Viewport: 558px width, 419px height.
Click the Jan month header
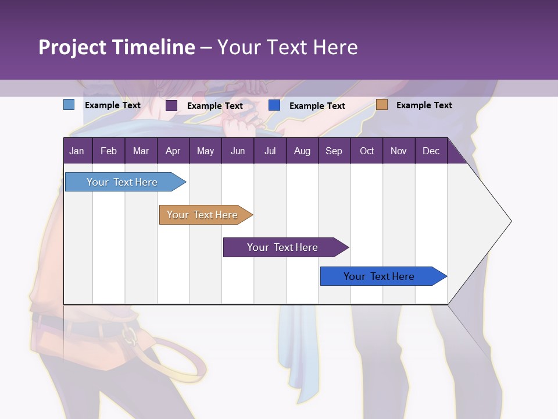click(x=77, y=151)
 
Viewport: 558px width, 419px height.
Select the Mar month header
click(x=141, y=151)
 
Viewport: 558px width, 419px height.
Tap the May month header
click(x=205, y=151)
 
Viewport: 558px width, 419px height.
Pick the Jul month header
click(x=270, y=151)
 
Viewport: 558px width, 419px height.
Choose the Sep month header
click(x=334, y=151)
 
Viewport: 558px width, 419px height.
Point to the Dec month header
click(x=431, y=151)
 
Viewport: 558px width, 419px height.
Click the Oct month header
click(x=367, y=151)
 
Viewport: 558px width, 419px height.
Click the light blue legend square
click(x=69, y=105)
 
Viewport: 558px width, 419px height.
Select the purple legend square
click(x=171, y=105)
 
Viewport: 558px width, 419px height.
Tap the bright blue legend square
click(x=274, y=105)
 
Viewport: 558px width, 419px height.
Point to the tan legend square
click(x=381, y=105)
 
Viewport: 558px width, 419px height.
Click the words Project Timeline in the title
click(x=116, y=47)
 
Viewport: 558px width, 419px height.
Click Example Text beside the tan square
click(x=424, y=105)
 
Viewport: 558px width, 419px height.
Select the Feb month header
click(x=109, y=151)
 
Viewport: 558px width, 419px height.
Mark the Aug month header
click(x=302, y=151)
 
